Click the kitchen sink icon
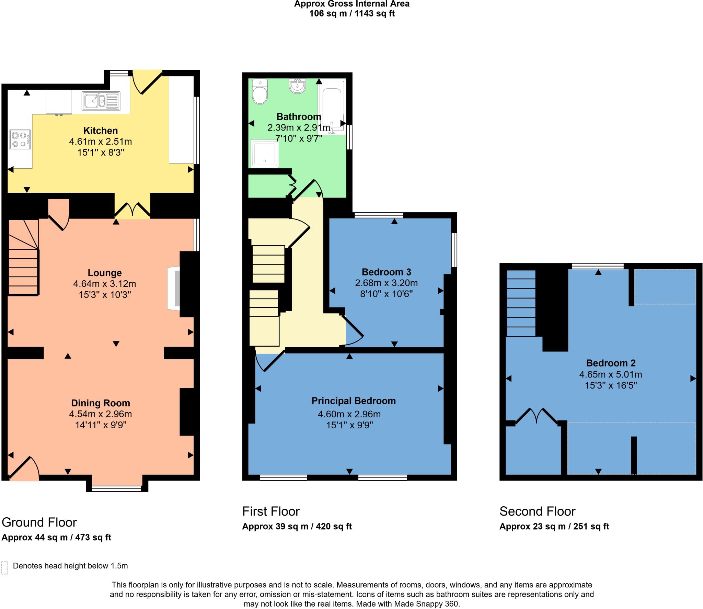click(x=101, y=101)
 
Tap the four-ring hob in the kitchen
click(x=20, y=139)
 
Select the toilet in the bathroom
click(x=260, y=91)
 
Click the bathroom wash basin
click(x=297, y=86)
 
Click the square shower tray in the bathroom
click(x=264, y=153)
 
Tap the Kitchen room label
click(x=101, y=131)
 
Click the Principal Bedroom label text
click(x=354, y=401)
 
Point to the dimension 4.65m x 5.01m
click(x=610, y=374)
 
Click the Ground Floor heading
click(x=39, y=522)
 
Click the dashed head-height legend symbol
click(x=4, y=568)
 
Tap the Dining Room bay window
click(x=116, y=488)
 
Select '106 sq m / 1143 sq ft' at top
click(x=352, y=14)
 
